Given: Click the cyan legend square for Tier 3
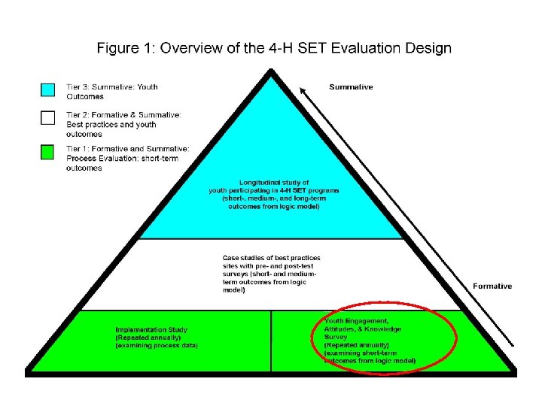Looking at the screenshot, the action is (x=47, y=89).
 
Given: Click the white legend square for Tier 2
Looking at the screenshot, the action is (x=47, y=117).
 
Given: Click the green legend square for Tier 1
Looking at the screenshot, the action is (x=47, y=152).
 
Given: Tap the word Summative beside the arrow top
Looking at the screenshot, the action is (x=351, y=87).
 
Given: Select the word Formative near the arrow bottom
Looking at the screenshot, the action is (x=492, y=286).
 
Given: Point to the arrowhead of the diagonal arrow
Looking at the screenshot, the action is (x=303, y=91).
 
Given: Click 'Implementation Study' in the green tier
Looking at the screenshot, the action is (x=151, y=329).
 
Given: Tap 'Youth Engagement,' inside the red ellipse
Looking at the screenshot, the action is (x=358, y=320).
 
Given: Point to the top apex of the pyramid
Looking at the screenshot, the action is (x=270, y=69).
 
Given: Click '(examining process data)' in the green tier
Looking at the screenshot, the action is (x=156, y=346).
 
